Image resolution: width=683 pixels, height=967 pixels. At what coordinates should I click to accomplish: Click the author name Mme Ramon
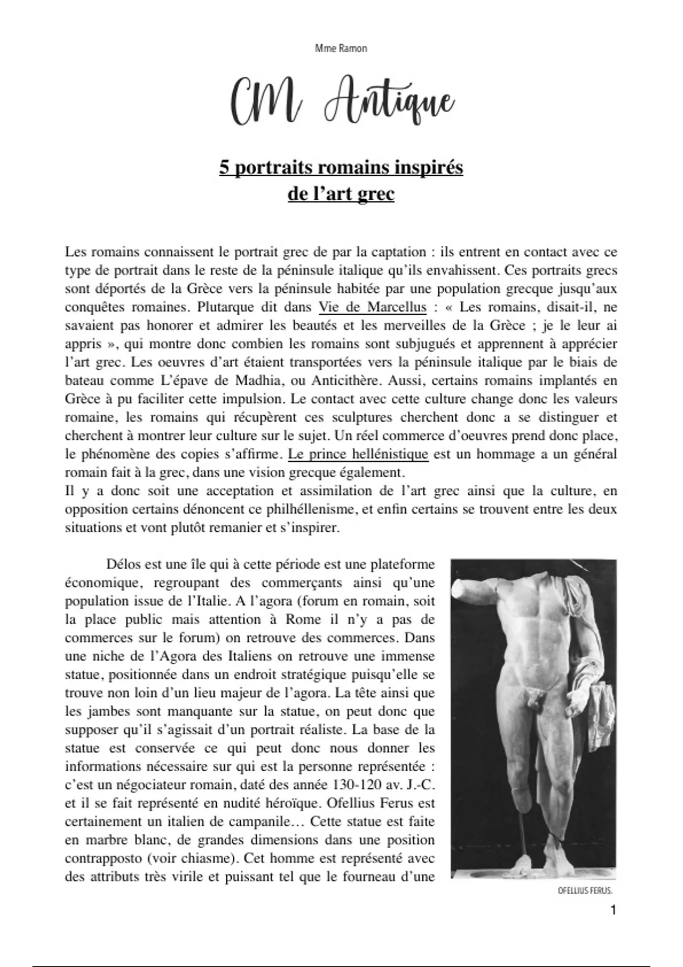tap(341, 49)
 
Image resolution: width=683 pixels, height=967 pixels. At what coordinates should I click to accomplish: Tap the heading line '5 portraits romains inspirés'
tap(341, 168)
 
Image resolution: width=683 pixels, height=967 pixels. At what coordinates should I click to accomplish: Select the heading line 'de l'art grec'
tap(341, 194)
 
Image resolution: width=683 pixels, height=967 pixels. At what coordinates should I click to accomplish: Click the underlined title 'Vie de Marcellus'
tap(372, 307)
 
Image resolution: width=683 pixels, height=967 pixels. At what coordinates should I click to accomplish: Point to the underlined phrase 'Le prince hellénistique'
tap(358, 454)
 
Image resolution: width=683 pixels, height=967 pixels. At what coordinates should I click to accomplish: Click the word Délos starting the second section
tap(123, 564)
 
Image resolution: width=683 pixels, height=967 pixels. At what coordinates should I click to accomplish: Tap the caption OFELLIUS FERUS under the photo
tap(585, 891)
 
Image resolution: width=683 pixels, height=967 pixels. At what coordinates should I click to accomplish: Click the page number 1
tap(613, 910)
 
